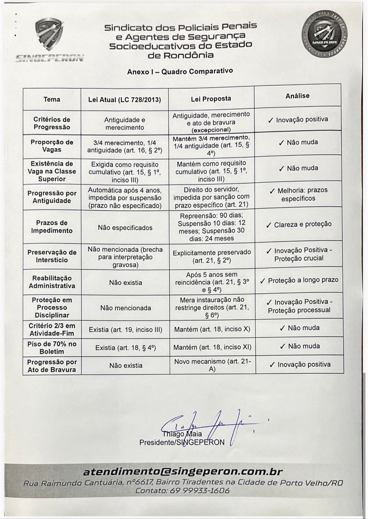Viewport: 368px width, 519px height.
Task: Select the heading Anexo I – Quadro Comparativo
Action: point(180,71)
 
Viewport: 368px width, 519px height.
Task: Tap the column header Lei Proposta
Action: point(211,99)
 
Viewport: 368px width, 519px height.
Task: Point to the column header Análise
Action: point(297,96)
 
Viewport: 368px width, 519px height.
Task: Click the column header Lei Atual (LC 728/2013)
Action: point(124,100)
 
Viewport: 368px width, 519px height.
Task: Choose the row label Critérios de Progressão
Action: point(52,123)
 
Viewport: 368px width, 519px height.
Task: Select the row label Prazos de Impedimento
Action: point(52,227)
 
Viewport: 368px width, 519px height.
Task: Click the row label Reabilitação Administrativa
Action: point(52,282)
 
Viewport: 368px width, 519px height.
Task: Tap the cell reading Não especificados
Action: point(125,228)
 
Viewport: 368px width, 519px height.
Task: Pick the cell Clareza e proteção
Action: point(299,225)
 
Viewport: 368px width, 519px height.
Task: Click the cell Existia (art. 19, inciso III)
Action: point(125,330)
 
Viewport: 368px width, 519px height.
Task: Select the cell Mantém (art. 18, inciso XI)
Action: point(212,347)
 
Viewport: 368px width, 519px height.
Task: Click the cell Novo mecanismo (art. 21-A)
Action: point(212,365)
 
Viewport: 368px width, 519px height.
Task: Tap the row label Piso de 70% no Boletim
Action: point(52,348)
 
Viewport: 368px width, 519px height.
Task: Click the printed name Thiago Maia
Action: point(182,434)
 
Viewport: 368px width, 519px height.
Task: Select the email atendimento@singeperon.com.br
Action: point(183,472)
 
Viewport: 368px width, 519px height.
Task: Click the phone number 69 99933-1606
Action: point(199,490)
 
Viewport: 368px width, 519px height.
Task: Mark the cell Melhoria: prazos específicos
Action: point(298,194)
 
